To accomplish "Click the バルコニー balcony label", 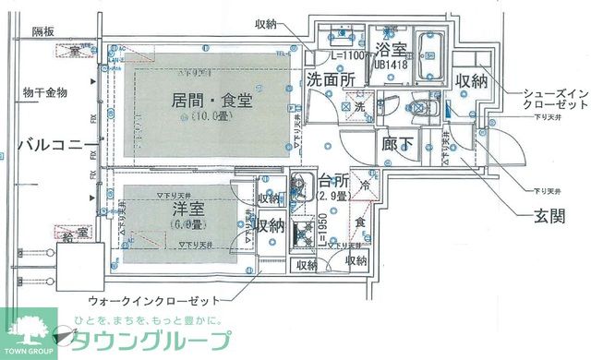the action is pos(44,145).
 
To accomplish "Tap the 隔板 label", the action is pos(43,31).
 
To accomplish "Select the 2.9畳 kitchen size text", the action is pos(333,197).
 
